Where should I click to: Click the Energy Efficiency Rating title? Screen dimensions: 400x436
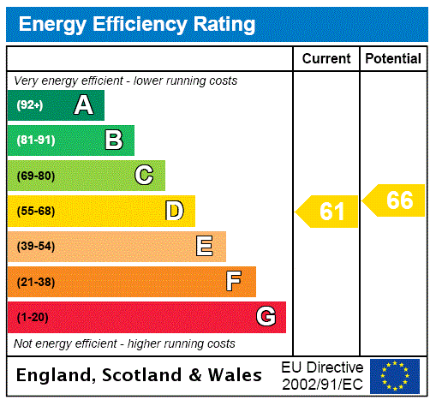(x=136, y=24)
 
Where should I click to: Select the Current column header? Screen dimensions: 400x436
(x=326, y=58)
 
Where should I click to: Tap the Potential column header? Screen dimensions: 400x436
(x=392, y=58)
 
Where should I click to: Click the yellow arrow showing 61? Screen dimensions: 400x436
(x=328, y=211)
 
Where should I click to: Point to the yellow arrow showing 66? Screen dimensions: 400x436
(x=395, y=200)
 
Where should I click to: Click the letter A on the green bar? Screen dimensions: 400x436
(x=83, y=105)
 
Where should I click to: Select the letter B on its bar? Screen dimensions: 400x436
(x=114, y=140)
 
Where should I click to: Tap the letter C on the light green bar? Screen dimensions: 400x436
(x=144, y=176)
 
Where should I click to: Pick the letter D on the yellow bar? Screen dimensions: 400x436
(x=174, y=211)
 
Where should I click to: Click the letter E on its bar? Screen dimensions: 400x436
(x=205, y=247)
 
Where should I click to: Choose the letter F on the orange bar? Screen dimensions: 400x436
(x=234, y=282)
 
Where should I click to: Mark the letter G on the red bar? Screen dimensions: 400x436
(x=266, y=317)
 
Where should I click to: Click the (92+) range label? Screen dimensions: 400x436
(x=30, y=105)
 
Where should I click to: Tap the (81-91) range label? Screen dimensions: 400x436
(x=35, y=140)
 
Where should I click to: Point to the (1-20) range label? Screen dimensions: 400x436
(x=33, y=318)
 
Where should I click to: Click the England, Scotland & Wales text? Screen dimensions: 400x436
(x=140, y=375)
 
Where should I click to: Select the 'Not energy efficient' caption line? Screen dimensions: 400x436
(x=124, y=343)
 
